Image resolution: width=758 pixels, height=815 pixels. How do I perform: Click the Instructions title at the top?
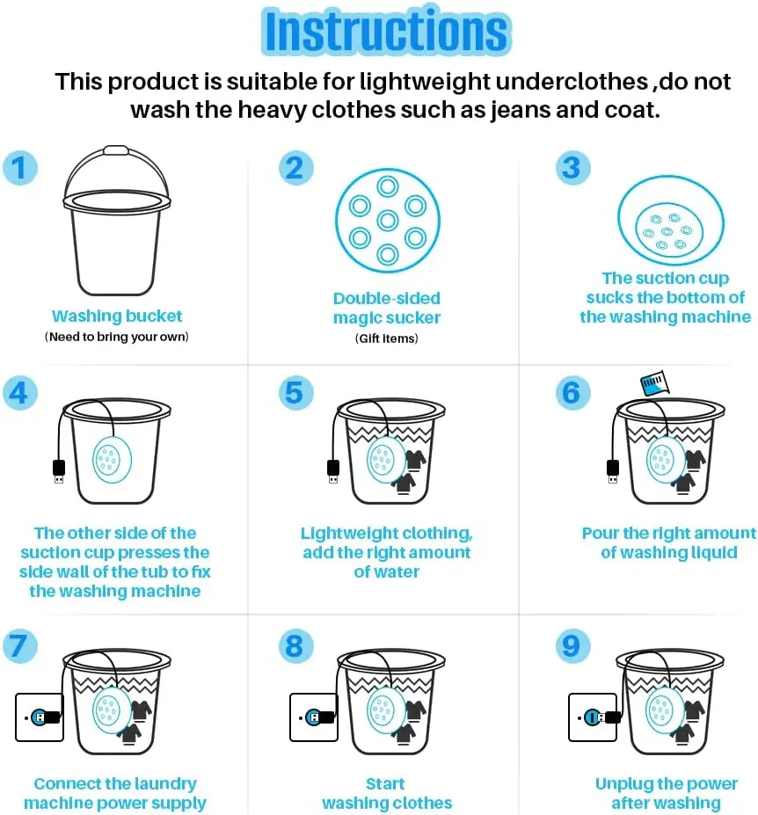[386, 31]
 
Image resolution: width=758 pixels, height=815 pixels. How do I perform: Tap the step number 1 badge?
[19, 168]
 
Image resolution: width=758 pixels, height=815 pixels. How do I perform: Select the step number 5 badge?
[295, 392]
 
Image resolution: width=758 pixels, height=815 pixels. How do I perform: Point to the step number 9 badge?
[572, 646]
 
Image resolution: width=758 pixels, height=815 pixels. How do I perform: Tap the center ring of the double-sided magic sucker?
[387, 221]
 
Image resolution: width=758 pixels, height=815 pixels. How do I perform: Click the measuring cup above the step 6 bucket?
[654, 383]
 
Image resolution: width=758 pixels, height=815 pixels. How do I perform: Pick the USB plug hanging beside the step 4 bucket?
[59, 471]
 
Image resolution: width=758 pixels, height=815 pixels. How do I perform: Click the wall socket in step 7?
[40, 717]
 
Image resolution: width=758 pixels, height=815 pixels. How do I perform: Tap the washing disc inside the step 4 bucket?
[112, 460]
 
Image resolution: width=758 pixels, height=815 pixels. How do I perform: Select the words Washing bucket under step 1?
[117, 316]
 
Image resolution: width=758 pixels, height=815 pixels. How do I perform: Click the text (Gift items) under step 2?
[386, 338]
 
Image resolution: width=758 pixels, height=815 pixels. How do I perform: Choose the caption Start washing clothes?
[387, 793]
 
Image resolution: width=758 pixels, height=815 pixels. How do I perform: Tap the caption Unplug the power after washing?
[667, 793]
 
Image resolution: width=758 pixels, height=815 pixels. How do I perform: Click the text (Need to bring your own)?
[116, 337]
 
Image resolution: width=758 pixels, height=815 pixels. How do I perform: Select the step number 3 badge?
[572, 168]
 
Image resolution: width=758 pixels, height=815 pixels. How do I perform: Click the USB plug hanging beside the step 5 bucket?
[333, 471]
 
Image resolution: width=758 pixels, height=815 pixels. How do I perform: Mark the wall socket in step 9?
[593, 717]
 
